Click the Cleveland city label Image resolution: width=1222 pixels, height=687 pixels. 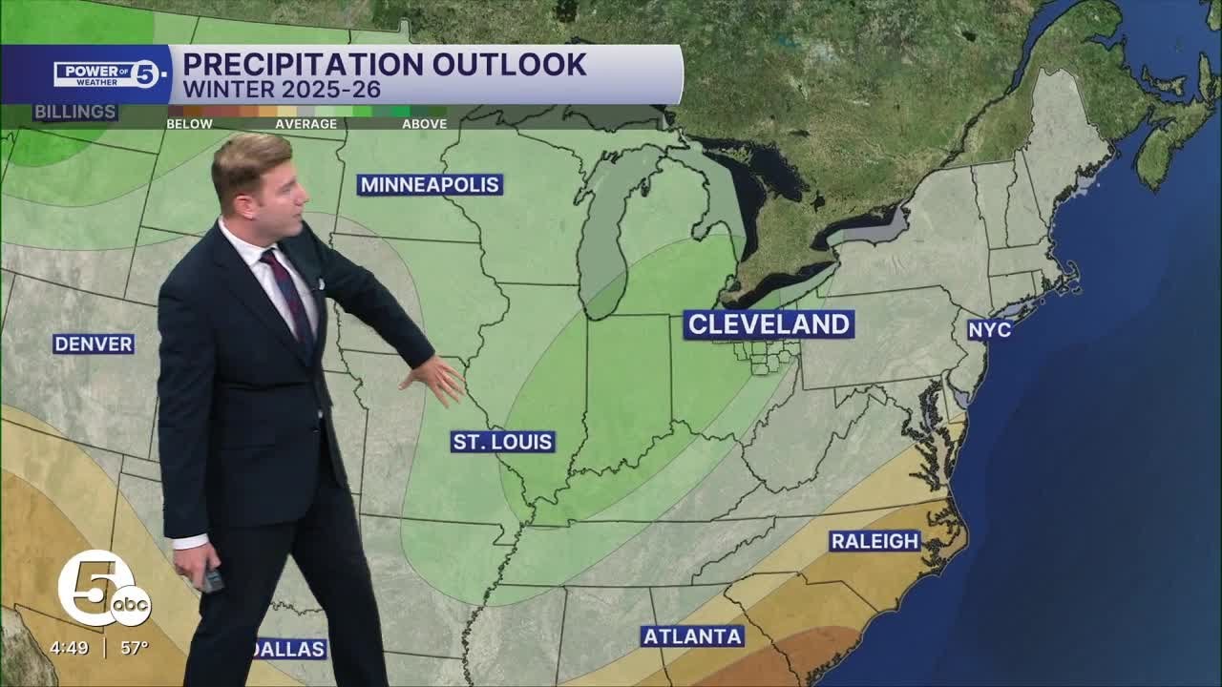click(769, 324)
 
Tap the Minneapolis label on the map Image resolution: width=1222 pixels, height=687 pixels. click(430, 185)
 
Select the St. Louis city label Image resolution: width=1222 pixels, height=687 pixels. click(503, 442)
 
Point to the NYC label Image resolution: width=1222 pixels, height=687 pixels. click(989, 329)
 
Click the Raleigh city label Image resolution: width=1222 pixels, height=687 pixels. click(874, 541)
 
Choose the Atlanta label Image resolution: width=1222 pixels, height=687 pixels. click(692, 635)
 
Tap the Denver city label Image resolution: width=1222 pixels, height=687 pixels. click(94, 343)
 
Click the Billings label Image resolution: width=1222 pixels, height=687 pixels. click(75, 112)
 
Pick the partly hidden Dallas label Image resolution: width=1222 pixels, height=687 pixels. click(290, 649)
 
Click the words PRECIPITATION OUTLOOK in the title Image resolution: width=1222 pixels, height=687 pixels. click(384, 64)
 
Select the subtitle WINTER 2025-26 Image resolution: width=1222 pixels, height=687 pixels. click(282, 91)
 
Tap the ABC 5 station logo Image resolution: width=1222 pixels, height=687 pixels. click(101, 590)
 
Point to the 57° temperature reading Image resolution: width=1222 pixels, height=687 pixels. click(135, 648)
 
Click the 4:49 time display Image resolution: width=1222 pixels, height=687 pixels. click(70, 648)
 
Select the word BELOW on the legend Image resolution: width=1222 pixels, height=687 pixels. click(189, 124)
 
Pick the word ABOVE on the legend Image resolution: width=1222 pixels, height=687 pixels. click(424, 124)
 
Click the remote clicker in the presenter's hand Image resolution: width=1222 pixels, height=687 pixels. click(212, 578)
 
